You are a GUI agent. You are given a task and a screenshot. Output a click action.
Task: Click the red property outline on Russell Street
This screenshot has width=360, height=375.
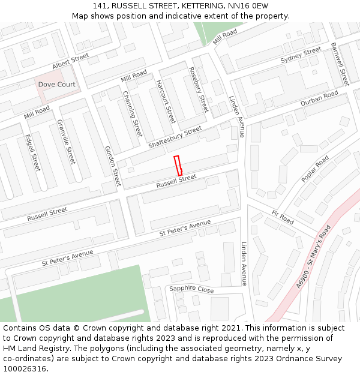click(x=178, y=165)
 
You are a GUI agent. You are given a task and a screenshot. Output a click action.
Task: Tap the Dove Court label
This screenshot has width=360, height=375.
click(x=57, y=85)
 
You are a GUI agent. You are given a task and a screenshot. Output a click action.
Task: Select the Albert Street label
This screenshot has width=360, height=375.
click(x=70, y=61)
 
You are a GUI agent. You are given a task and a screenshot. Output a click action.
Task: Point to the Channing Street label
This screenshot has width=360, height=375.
click(x=132, y=113)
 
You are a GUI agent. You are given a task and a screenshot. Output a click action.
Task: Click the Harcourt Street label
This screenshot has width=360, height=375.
click(x=166, y=101)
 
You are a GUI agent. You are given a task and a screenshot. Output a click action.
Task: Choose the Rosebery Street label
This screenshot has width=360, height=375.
click(x=199, y=90)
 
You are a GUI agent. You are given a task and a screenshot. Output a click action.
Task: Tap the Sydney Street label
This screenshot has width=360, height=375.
click(x=301, y=55)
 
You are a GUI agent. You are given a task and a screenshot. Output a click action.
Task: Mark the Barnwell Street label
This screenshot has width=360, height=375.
click(x=340, y=64)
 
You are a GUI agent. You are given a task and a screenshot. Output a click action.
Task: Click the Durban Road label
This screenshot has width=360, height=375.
click(x=319, y=98)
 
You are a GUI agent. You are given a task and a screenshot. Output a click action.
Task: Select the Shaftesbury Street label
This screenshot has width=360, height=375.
click(x=175, y=138)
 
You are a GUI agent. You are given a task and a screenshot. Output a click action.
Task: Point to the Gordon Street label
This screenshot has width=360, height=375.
click(x=113, y=166)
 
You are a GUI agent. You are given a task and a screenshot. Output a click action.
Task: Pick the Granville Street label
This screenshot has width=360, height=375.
click(x=66, y=142)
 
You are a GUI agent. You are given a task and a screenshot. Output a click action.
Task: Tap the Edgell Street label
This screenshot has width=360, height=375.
click(x=32, y=152)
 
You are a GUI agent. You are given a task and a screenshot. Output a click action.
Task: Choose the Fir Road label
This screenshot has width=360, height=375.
click(x=283, y=217)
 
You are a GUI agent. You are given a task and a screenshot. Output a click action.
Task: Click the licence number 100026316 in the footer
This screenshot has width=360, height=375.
click(x=25, y=368)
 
